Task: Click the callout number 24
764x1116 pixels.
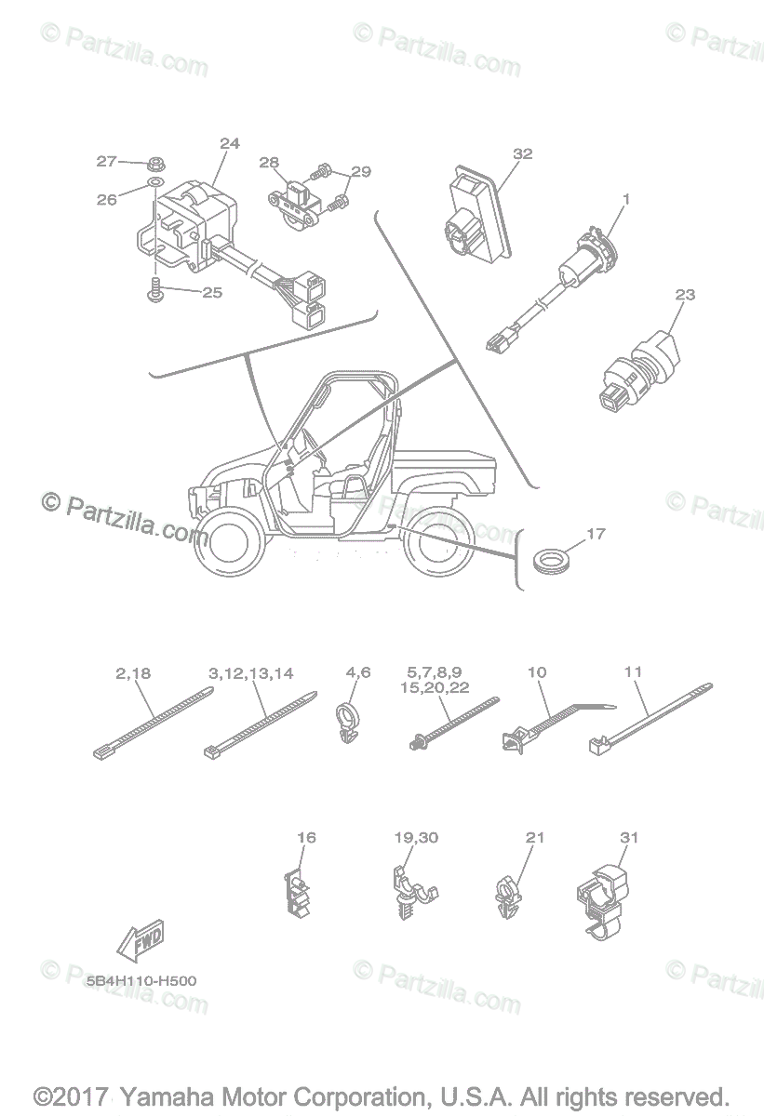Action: (x=229, y=143)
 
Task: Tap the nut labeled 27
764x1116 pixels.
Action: (x=155, y=164)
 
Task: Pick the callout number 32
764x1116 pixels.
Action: (x=522, y=153)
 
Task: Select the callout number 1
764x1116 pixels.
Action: (x=626, y=198)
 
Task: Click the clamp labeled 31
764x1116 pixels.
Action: (x=603, y=897)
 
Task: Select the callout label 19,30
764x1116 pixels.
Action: (x=415, y=838)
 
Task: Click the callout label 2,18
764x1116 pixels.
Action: (x=133, y=671)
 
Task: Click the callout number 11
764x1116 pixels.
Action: (x=634, y=671)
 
